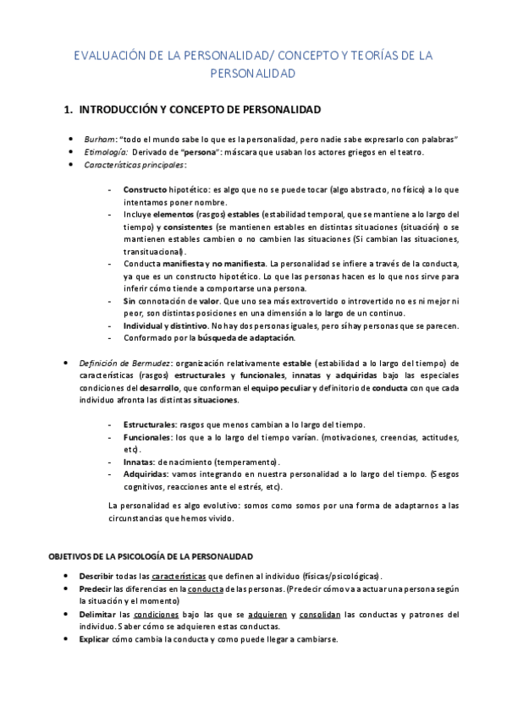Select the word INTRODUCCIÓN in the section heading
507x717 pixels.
(120, 110)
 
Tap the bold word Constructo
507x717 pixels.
(144, 190)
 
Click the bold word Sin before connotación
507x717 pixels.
(130, 301)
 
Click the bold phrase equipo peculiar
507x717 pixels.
(286, 387)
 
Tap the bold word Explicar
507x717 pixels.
(101, 639)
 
